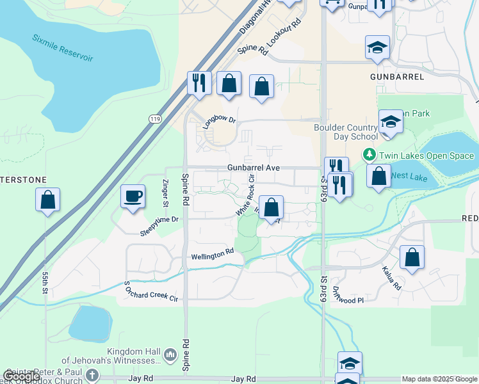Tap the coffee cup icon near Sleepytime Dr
(133, 196)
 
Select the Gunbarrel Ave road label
(254, 168)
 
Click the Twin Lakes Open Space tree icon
(369, 155)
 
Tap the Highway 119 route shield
(155, 119)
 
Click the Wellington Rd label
(212, 255)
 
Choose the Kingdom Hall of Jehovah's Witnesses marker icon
(170, 355)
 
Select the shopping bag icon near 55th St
(48, 200)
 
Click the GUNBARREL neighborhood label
(397, 76)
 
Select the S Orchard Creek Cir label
(150, 291)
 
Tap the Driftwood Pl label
(348, 295)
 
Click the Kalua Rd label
(391, 278)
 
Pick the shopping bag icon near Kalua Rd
(412, 257)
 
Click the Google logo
(21, 376)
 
